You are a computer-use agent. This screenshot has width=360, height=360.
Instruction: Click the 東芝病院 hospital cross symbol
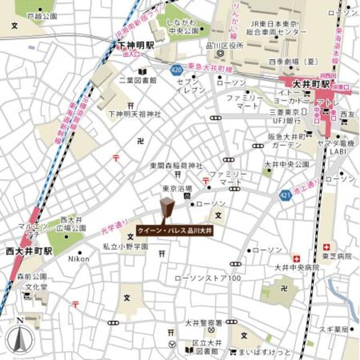coord(326,246)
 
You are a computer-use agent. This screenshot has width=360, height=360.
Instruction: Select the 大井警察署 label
coord(204,323)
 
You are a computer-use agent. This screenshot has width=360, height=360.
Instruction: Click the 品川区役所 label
coord(229,46)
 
